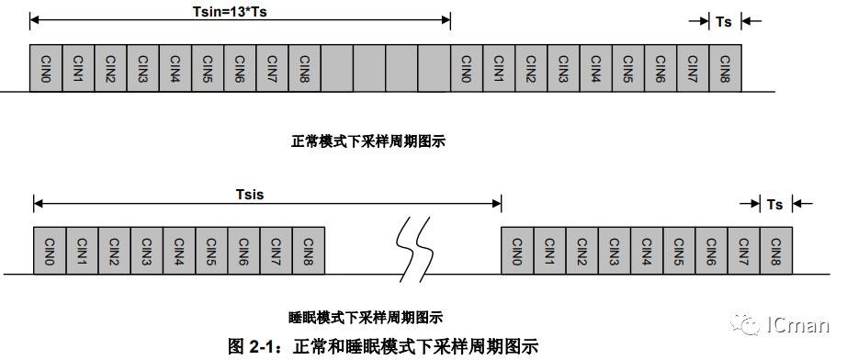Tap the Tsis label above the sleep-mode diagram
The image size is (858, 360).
pyautogui.click(x=250, y=195)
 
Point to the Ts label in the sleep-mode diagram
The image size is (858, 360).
pyautogui.click(x=775, y=205)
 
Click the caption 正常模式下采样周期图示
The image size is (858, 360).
pyautogui.click(x=368, y=141)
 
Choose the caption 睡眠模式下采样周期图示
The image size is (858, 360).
pyautogui.click(x=366, y=318)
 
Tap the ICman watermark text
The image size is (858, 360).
pyautogui.click(x=798, y=325)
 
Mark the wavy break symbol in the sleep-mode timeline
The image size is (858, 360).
pyautogui.click(x=410, y=250)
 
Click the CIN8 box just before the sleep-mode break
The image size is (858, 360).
pyautogui.click(x=310, y=249)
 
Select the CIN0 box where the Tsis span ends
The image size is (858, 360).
pyautogui.click(x=517, y=249)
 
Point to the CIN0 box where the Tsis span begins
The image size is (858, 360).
pyautogui.click(x=50, y=249)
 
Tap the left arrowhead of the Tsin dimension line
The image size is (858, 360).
pyautogui.click(x=34, y=18)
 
